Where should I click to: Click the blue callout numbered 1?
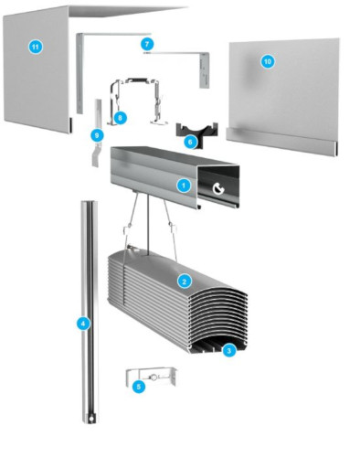point(184,186)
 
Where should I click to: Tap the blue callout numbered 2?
point(184,282)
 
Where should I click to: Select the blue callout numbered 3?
point(229,351)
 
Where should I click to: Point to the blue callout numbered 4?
point(83,324)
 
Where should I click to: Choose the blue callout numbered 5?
point(139,387)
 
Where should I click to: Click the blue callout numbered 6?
point(190,142)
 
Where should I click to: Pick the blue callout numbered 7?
point(147,45)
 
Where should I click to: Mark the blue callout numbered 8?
point(120,117)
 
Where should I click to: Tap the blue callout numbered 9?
point(97,135)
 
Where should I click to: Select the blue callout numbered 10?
point(268,62)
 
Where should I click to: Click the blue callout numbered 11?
point(36,47)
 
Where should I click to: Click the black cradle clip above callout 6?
point(196,131)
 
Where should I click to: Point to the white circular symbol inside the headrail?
point(218,189)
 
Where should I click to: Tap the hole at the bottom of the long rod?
point(90,419)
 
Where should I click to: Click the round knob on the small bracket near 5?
point(154,377)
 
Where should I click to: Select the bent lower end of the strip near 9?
point(96,156)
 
